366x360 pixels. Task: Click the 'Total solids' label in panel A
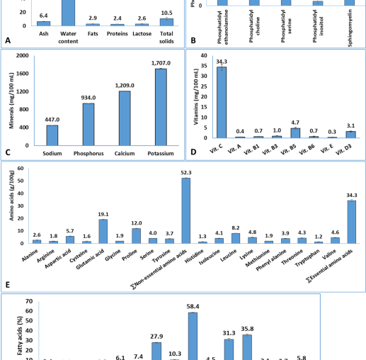click(166, 36)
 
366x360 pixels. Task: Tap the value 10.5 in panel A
click(166, 11)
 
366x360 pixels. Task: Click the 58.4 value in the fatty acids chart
click(192, 306)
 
